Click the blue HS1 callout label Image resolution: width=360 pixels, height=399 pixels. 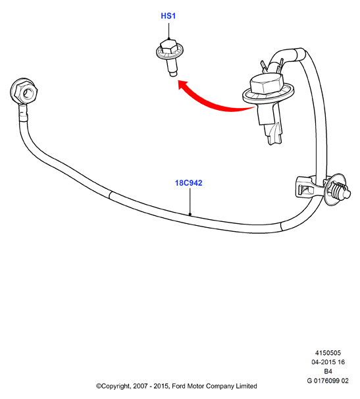168,16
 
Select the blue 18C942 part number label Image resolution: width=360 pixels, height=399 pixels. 188,183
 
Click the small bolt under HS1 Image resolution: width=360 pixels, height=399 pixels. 169,57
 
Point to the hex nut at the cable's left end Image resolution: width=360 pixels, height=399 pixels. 24,92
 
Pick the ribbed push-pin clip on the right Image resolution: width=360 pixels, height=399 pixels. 337,190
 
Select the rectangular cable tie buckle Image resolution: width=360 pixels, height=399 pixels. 306,188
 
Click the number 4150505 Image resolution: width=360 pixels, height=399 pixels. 328,353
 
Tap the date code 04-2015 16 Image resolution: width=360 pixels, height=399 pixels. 328,362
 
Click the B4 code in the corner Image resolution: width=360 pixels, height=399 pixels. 328,371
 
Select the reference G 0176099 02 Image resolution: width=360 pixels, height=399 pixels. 328,381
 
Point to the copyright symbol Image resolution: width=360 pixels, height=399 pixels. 99,386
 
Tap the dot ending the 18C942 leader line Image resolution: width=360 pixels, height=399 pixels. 190,214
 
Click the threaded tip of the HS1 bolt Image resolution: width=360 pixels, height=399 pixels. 173,74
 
